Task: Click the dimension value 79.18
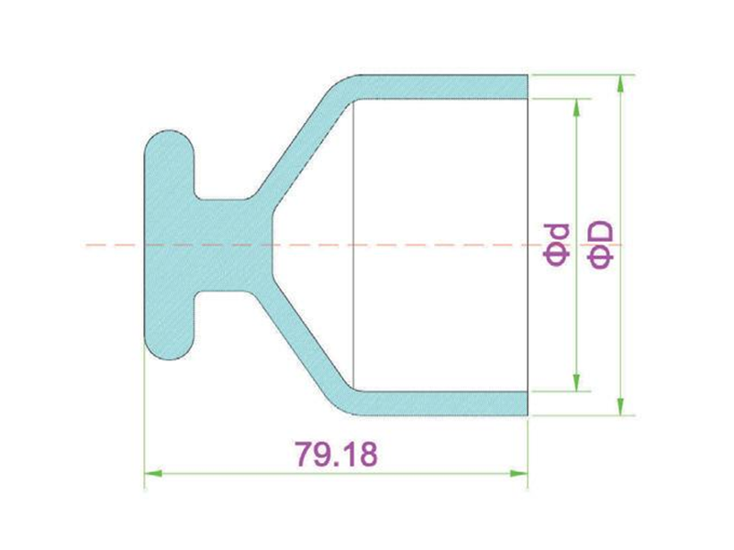pyautogui.click(x=336, y=454)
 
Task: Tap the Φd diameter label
pyautogui.click(x=557, y=245)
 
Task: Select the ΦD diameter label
pyautogui.click(x=599, y=245)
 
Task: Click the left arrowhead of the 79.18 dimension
pyautogui.click(x=153, y=474)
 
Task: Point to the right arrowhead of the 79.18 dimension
pyautogui.click(x=519, y=474)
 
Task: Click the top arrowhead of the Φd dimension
pyautogui.click(x=576, y=107)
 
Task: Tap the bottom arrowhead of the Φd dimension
pyautogui.click(x=576, y=382)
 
